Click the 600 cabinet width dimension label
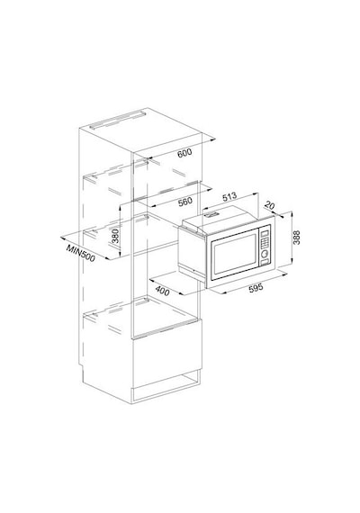coord(184,153)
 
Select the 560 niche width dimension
coord(184,202)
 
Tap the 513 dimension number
coord(229,197)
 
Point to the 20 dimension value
coord(269,205)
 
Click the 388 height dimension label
coord(296,238)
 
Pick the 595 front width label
coord(256,288)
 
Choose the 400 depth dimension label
coord(162,291)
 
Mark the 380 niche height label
coord(115,236)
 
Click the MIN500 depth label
coord(80,253)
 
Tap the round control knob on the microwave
coord(265,253)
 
